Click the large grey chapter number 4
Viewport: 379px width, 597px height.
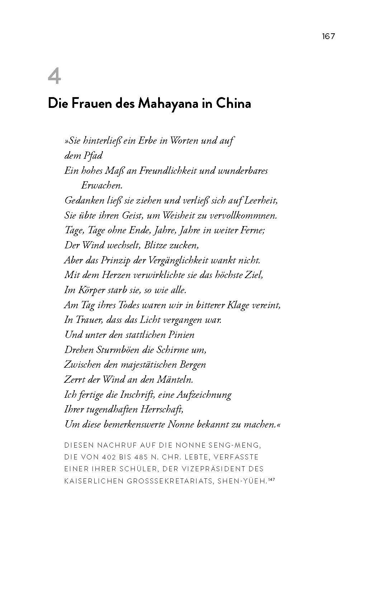54,77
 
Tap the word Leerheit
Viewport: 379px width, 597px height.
261,201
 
